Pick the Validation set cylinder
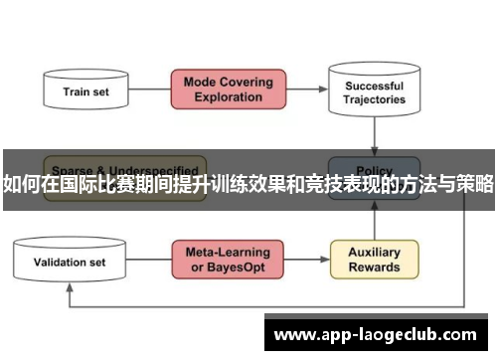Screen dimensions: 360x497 (70, 263)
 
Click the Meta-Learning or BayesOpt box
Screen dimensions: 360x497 (228, 260)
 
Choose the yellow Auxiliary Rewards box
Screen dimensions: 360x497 (374, 260)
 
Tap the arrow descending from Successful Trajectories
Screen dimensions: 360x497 (374, 134)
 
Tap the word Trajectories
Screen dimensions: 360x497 (375, 99)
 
